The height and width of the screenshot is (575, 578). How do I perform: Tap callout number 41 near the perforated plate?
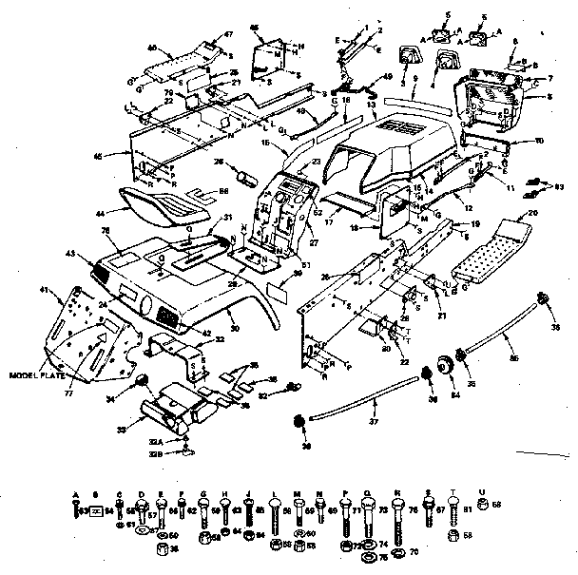click(x=44, y=289)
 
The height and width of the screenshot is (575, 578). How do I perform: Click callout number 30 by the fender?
click(x=235, y=325)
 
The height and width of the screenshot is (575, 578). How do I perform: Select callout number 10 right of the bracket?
click(x=539, y=142)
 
